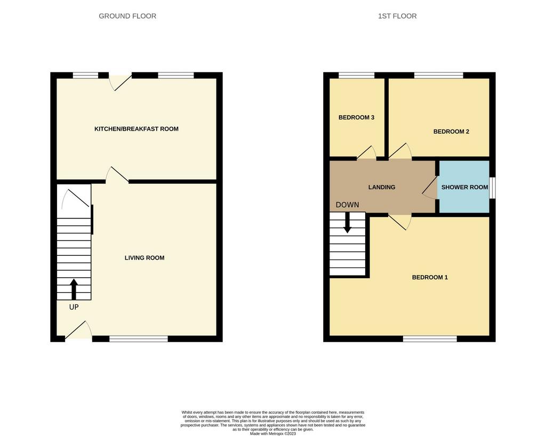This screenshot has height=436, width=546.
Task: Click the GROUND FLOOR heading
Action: click(127, 16)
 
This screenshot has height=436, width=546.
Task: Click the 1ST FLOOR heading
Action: click(397, 16)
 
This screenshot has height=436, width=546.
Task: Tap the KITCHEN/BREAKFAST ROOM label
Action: click(136, 129)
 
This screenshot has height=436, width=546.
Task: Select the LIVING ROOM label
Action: click(144, 258)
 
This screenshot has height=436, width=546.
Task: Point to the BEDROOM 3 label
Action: click(357, 117)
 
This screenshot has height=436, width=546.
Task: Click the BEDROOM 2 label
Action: click(451, 132)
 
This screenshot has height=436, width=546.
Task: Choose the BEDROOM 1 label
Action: click(430, 277)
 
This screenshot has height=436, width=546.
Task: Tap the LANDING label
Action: click(382, 187)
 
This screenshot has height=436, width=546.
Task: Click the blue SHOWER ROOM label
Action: click(464, 187)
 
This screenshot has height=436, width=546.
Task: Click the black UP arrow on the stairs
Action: click(74, 289)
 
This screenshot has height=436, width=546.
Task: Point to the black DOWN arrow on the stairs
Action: click(347, 223)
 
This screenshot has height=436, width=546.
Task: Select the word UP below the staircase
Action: click(74, 307)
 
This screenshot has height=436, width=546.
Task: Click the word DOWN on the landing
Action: click(347, 205)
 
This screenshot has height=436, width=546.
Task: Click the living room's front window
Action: click(139, 338)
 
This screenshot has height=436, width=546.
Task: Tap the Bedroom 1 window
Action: click(430, 338)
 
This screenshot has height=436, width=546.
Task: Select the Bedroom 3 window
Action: click(356, 75)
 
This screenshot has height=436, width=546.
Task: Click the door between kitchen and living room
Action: click(117, 175)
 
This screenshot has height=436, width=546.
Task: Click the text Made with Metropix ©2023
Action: click(273, 433)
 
